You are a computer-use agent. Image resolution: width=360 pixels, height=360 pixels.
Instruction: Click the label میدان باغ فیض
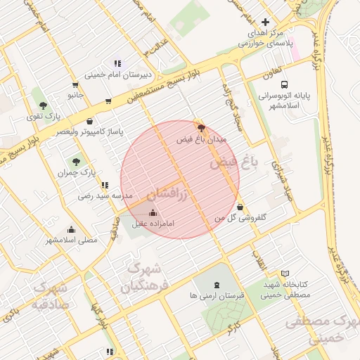[202, 140]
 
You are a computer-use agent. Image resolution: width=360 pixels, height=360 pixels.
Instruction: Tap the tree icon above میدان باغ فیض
[202, 128]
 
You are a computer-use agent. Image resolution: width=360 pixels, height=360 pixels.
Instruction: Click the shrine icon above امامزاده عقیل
[153, 212]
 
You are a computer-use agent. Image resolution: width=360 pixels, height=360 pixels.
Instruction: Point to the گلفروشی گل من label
[240, 219]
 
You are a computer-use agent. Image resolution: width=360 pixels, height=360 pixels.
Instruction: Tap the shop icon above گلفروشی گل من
[241, 207]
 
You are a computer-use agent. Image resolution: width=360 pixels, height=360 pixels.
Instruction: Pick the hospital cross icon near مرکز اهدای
[264, 22]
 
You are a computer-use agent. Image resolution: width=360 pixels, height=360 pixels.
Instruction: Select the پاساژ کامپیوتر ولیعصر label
[90, 131]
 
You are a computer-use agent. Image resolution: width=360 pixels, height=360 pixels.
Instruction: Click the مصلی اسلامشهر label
[72, 240]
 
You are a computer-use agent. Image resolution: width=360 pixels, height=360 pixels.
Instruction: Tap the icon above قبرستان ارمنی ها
[216, 285]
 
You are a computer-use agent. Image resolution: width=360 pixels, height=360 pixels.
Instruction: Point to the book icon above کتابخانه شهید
[285, 274]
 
